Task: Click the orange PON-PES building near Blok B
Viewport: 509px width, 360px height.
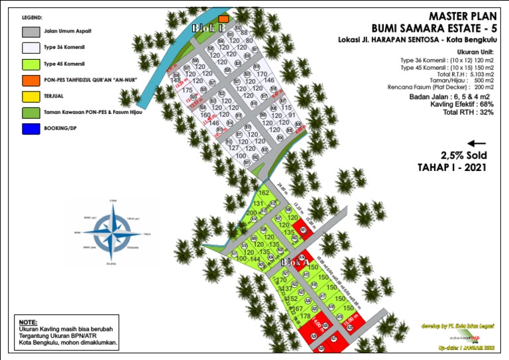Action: click(x=224, y=19)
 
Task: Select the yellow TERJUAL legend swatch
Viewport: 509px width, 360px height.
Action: click(x=30, y=97)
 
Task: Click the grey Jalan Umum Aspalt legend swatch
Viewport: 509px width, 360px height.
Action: click(x=30, y=31)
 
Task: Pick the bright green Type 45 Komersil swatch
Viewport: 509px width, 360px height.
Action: click(x=30, y=64)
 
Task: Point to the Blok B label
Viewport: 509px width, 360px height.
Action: click(x=203, y=29)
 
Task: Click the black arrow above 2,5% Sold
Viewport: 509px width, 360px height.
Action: click(x=477, y=143)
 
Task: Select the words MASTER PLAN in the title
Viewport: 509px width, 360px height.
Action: click(x=458, y=16)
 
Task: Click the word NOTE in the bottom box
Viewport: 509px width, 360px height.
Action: click(x=28, y=322)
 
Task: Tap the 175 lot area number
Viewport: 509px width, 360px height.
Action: click(x=187, y=90)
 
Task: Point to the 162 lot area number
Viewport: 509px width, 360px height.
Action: click(x=264, y=194)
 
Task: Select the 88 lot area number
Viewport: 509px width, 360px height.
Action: click(x=244, y=32)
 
